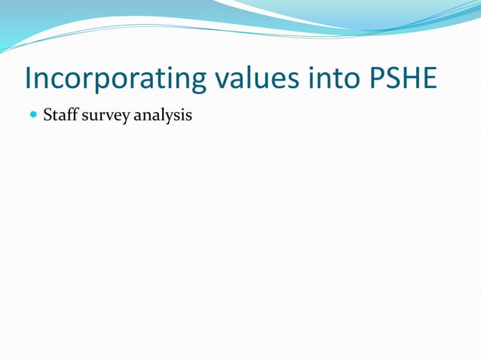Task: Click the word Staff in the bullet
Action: [58, 116]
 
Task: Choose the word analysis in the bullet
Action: [163, 117]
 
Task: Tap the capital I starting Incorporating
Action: [28, 79]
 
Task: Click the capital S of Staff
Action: [47, 116]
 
